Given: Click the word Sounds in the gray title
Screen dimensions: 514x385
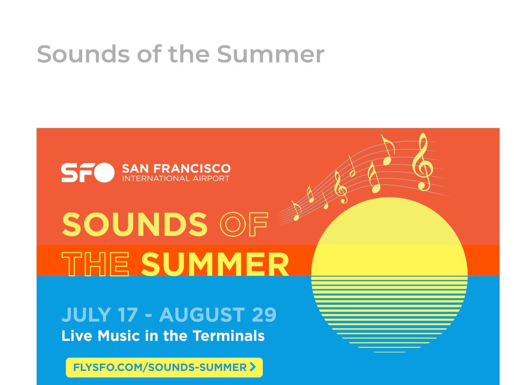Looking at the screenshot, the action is [83, 54].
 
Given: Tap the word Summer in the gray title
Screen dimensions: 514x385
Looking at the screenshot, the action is [270, 54].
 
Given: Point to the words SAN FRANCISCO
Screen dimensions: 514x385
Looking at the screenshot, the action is [176, 168].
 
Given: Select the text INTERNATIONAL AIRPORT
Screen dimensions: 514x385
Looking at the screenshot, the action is [176, 179].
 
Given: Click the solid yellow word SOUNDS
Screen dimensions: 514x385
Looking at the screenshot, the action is [135, 224].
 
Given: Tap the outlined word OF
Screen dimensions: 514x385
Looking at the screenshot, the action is [244, 224].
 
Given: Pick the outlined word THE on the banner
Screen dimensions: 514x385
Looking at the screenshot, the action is [96, 264].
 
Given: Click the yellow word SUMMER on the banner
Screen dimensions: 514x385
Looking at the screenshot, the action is [215, 264].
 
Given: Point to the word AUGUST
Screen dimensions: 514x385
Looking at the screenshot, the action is [202, 315].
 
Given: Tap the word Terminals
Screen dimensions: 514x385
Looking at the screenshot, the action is [229, 336].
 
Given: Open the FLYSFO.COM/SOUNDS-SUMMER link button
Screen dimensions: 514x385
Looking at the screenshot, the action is [164, 368].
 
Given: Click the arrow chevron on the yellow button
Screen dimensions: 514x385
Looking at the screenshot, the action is [252, 367].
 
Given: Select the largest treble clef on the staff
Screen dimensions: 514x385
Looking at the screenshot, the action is [423, 162].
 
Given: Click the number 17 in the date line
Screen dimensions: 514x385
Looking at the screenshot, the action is [127, 315].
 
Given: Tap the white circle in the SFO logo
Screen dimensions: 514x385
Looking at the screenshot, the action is [104, 172].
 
